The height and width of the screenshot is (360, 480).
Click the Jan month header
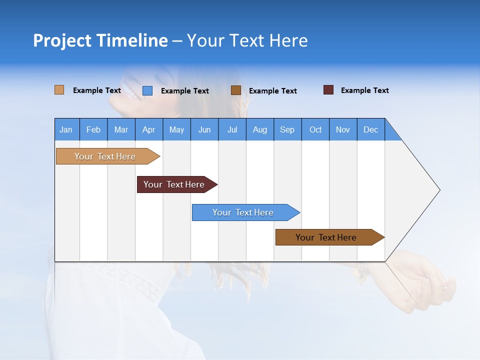coord(66,129)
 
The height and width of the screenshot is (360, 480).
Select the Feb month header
coord(93,129)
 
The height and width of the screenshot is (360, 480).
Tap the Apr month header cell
coord(149,129)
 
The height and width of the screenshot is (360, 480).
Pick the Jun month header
coord(204,129)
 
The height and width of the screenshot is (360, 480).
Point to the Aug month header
coord(260,129)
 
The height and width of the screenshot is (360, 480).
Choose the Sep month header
coord(287,129)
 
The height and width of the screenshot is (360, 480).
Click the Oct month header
coord(315,129)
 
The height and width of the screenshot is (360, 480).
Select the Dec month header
coord(371,129)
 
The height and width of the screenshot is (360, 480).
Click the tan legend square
coord(59,90)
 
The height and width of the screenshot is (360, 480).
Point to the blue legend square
coord(147,90)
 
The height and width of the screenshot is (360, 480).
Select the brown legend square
coord(236,90)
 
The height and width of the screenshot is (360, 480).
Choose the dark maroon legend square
coord(328,90)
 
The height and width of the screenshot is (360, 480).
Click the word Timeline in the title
coord(132,40)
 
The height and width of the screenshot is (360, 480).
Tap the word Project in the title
coord(62,40)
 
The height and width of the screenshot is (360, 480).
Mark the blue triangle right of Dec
coord(391,133)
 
